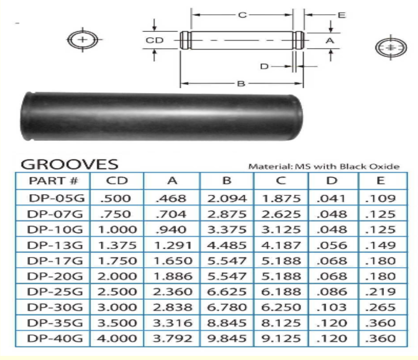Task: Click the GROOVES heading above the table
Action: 69,164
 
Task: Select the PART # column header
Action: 53,181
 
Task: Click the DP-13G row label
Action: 55,245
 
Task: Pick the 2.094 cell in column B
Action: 227,198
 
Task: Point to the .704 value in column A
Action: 171,214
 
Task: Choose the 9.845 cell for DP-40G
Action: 227,338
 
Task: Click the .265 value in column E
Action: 380,307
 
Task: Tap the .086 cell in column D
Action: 332,291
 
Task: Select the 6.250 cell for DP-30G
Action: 281,307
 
